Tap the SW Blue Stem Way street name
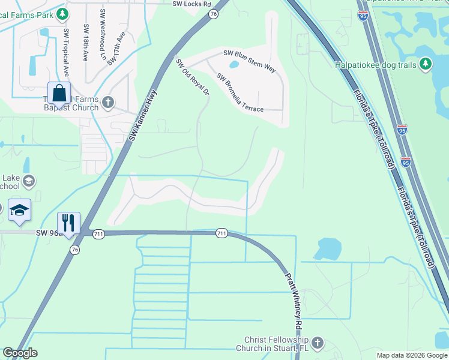[x=249, y=61]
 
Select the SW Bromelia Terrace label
[x=240, y=92]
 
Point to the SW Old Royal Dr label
[x=192, y=76]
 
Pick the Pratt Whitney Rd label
[x=294, y=297]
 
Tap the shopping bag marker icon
[x=59, y=94]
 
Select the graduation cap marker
[x=20, y=210]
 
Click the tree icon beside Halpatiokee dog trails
[x=426, y=63]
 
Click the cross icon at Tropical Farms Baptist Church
[x=108, y=102]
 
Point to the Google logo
[x=20, y=353]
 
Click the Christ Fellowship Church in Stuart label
[x=276, y=344]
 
